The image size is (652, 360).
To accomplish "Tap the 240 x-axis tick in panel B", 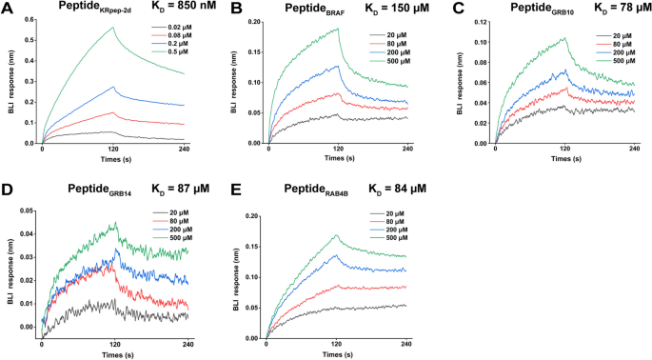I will tap(406, 151).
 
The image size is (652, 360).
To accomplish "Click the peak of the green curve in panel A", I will tap(113, 28).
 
